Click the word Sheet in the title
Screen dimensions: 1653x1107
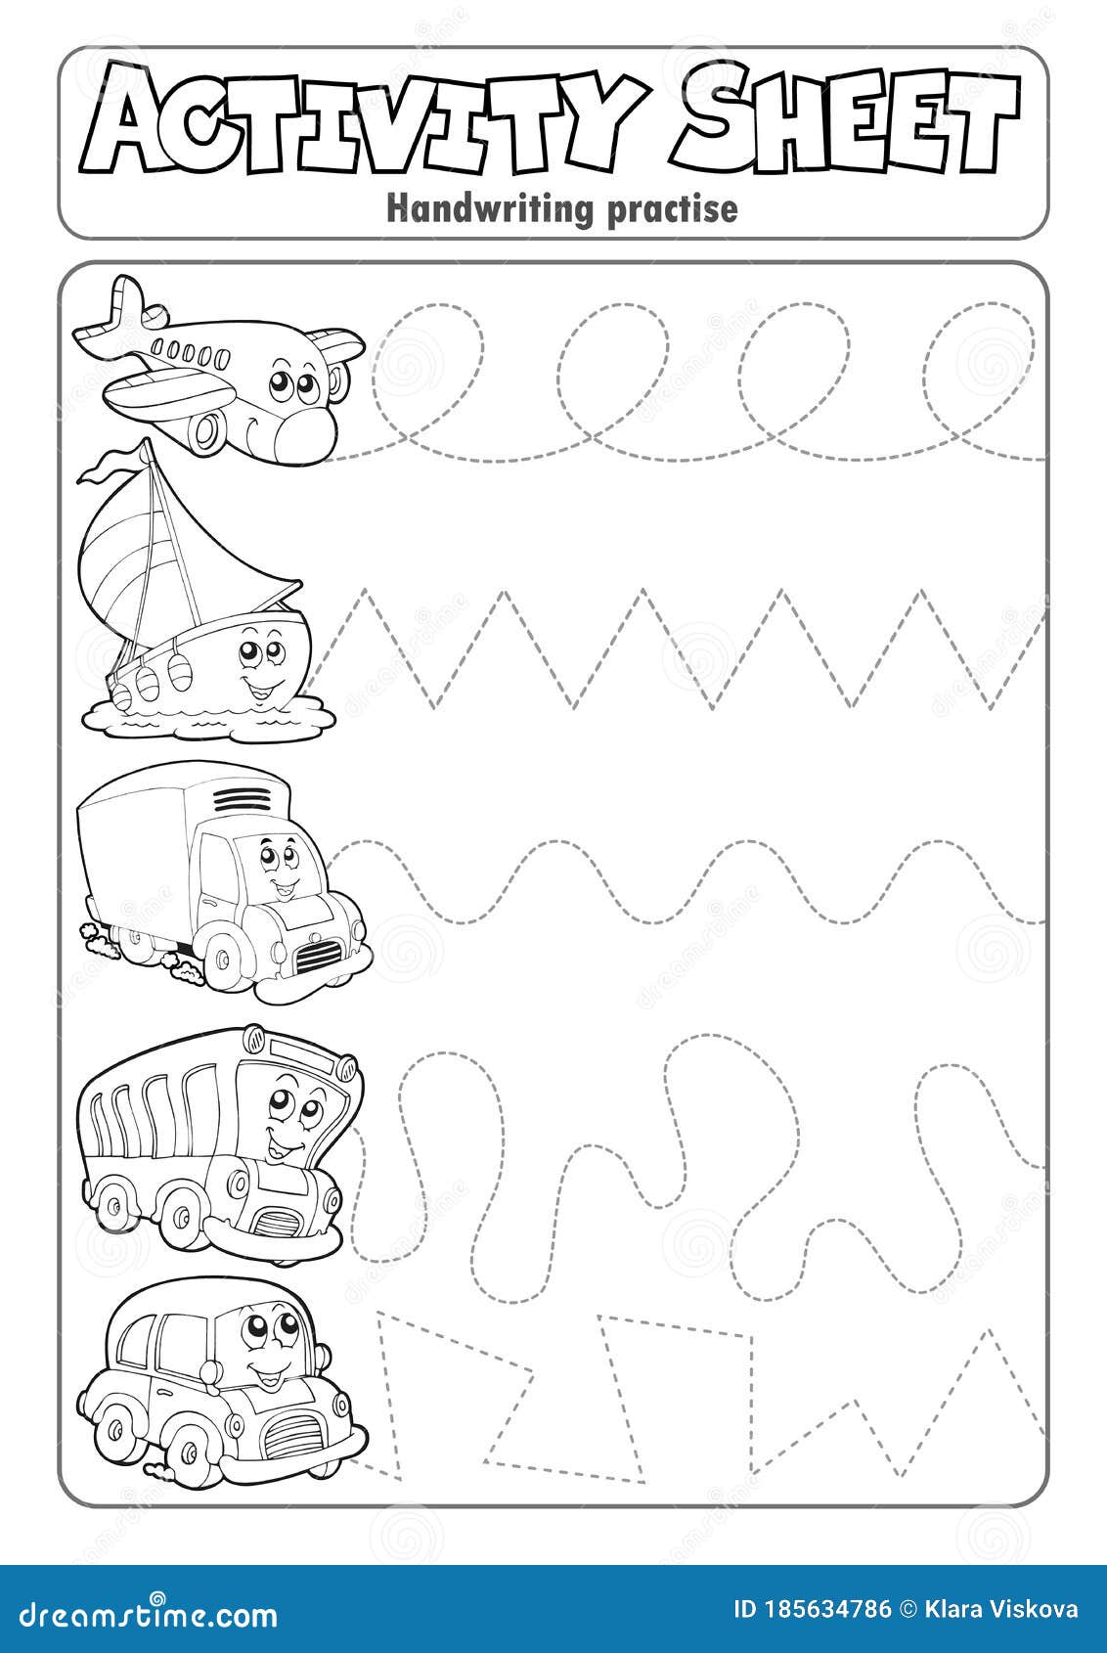tap(845, 122)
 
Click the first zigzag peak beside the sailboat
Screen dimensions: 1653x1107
tap(366, 592)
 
